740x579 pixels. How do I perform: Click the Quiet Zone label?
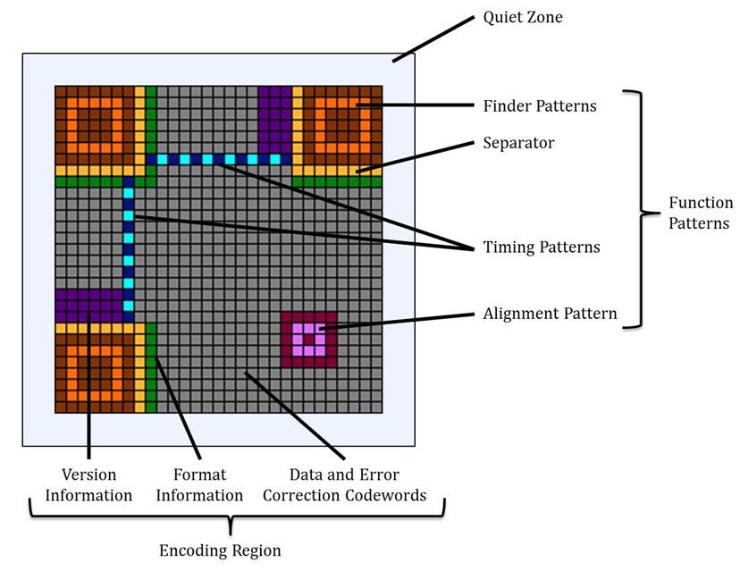point(523,18)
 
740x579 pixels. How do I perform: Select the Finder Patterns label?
point(540,105)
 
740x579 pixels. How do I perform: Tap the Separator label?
point(518,142)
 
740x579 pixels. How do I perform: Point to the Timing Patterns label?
point(542,247)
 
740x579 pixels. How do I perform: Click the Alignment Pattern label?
point(550,314)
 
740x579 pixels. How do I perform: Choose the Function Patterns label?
point(701,213)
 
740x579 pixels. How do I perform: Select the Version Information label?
point(88,484)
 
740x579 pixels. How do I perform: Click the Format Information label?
point(199,484)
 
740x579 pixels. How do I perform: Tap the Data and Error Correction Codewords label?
point(344,484)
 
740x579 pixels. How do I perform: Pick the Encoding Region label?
point(220,550)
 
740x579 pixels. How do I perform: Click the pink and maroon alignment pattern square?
point(308,340)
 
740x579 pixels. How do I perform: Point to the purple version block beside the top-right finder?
point(275,120)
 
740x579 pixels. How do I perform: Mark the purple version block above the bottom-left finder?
point(89,306)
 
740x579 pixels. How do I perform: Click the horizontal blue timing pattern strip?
point(218,160)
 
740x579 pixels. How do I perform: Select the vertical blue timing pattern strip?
point(129,249)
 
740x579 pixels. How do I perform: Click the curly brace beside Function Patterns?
point(642,208)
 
